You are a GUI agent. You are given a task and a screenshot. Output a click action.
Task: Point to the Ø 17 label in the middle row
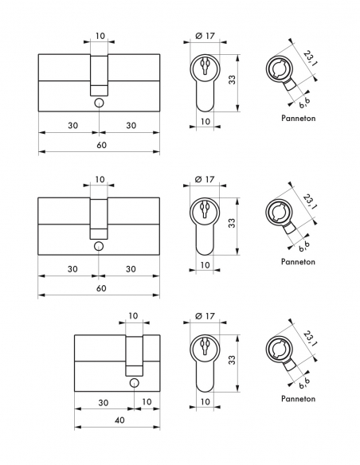point(205,179)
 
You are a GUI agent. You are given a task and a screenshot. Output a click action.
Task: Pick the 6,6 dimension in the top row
point(304,104)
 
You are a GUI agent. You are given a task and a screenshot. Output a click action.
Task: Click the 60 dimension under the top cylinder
point(99,146)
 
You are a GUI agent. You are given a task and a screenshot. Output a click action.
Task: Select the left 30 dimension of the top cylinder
point(72,126)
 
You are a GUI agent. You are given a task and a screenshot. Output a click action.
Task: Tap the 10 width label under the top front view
point(205,121)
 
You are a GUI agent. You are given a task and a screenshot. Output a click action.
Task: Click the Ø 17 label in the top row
point(205,37)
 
